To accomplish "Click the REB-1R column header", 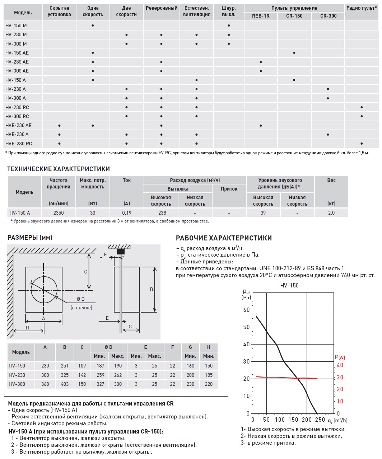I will (261, 16).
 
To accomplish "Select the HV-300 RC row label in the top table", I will (17, 116).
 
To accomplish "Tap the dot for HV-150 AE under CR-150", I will (294, 53).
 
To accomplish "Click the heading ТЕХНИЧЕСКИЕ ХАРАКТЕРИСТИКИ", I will (59, 169).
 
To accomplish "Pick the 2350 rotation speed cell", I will (59, 213).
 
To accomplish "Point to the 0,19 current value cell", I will (127, 213).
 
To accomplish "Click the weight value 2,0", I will (331, 213).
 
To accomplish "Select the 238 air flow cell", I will (162, 213).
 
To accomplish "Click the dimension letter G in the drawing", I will (86, 272).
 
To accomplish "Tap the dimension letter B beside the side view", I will (152, 289).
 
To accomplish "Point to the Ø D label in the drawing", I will (81, 299).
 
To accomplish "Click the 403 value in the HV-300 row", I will (65, 384).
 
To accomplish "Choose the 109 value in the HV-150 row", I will (82, 366).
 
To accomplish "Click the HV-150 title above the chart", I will (289, 285).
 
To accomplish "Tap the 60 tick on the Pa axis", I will (246, 310).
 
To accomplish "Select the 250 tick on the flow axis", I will (321, 420).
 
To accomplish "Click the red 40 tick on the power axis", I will (340, 365).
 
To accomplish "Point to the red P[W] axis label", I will (340, 357).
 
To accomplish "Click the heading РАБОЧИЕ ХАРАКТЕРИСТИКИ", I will (224, 238).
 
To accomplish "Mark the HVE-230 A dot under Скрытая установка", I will (59, 135).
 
